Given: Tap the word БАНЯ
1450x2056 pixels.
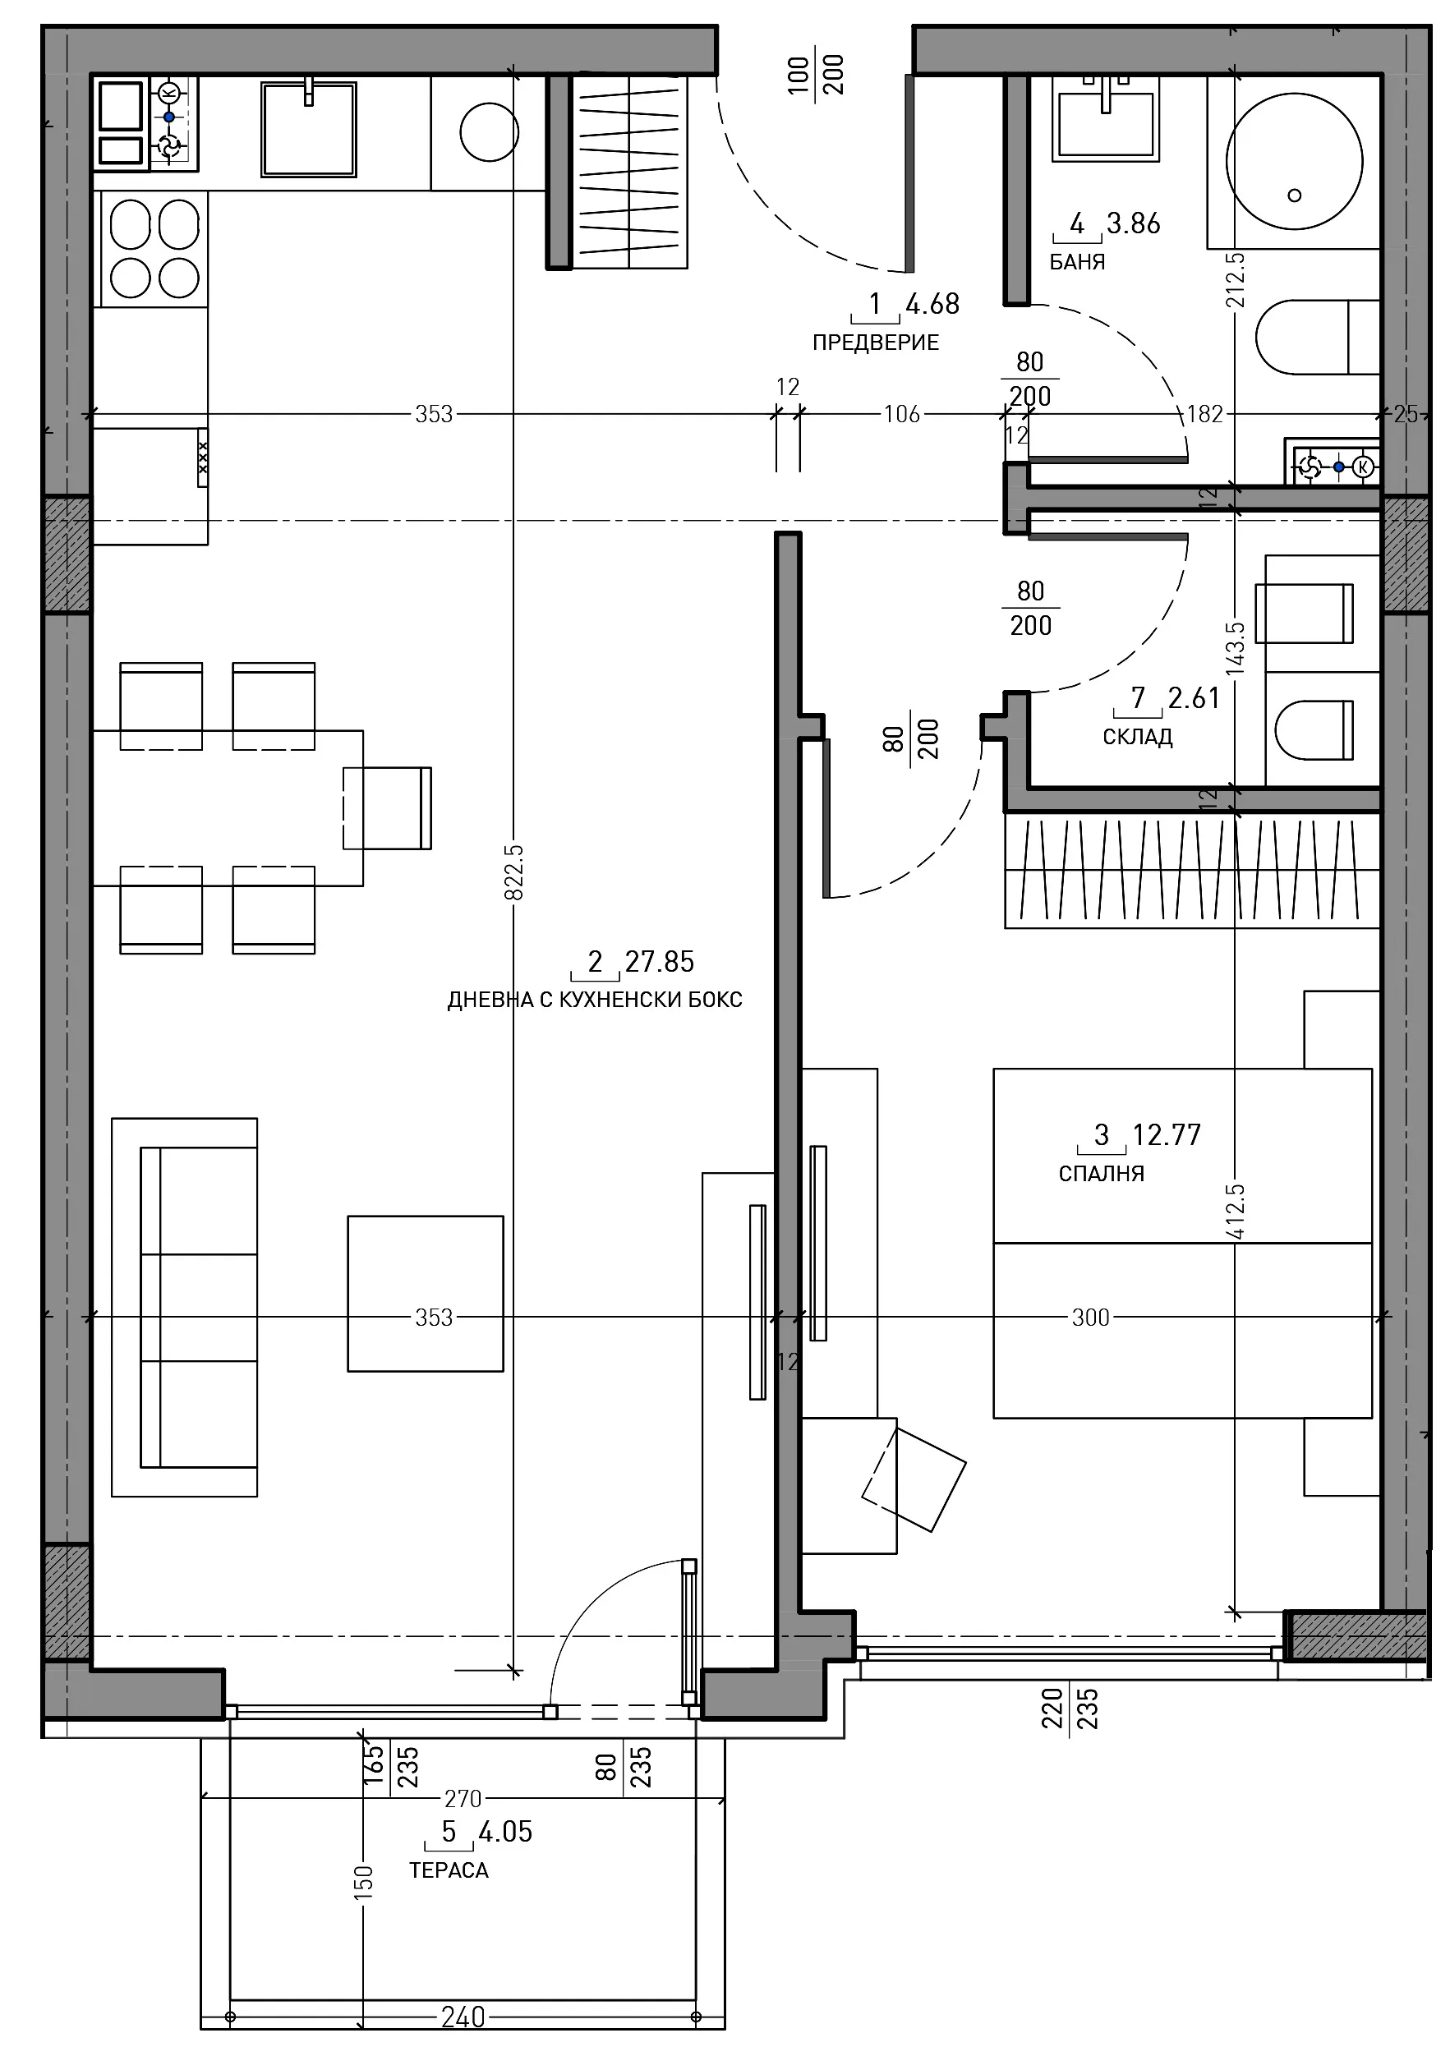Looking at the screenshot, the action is coord(1076,262).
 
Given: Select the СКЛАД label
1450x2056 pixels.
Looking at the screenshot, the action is coord(1138,737).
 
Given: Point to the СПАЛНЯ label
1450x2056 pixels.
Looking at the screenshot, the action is coord(1101,1173).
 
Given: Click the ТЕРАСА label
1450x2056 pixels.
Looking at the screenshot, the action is coord(449,1870).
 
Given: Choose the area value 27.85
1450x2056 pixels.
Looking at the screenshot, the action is coord(659,962).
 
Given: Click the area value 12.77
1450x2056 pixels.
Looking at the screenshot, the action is coord(1166,1135).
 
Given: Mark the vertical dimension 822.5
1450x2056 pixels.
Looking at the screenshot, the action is coord(514,872).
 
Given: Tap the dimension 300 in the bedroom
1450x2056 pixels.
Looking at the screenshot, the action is coord(1090,1318).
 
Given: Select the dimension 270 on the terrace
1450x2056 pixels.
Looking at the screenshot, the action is coord(463,1799).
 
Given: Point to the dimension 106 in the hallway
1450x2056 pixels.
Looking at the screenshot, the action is coord(902,414).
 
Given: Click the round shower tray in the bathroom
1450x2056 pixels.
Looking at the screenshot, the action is coord(1294,162).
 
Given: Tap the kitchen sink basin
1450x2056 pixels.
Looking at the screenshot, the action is coord(309,129).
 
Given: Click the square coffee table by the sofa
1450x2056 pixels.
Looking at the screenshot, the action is coord(426,1293).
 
